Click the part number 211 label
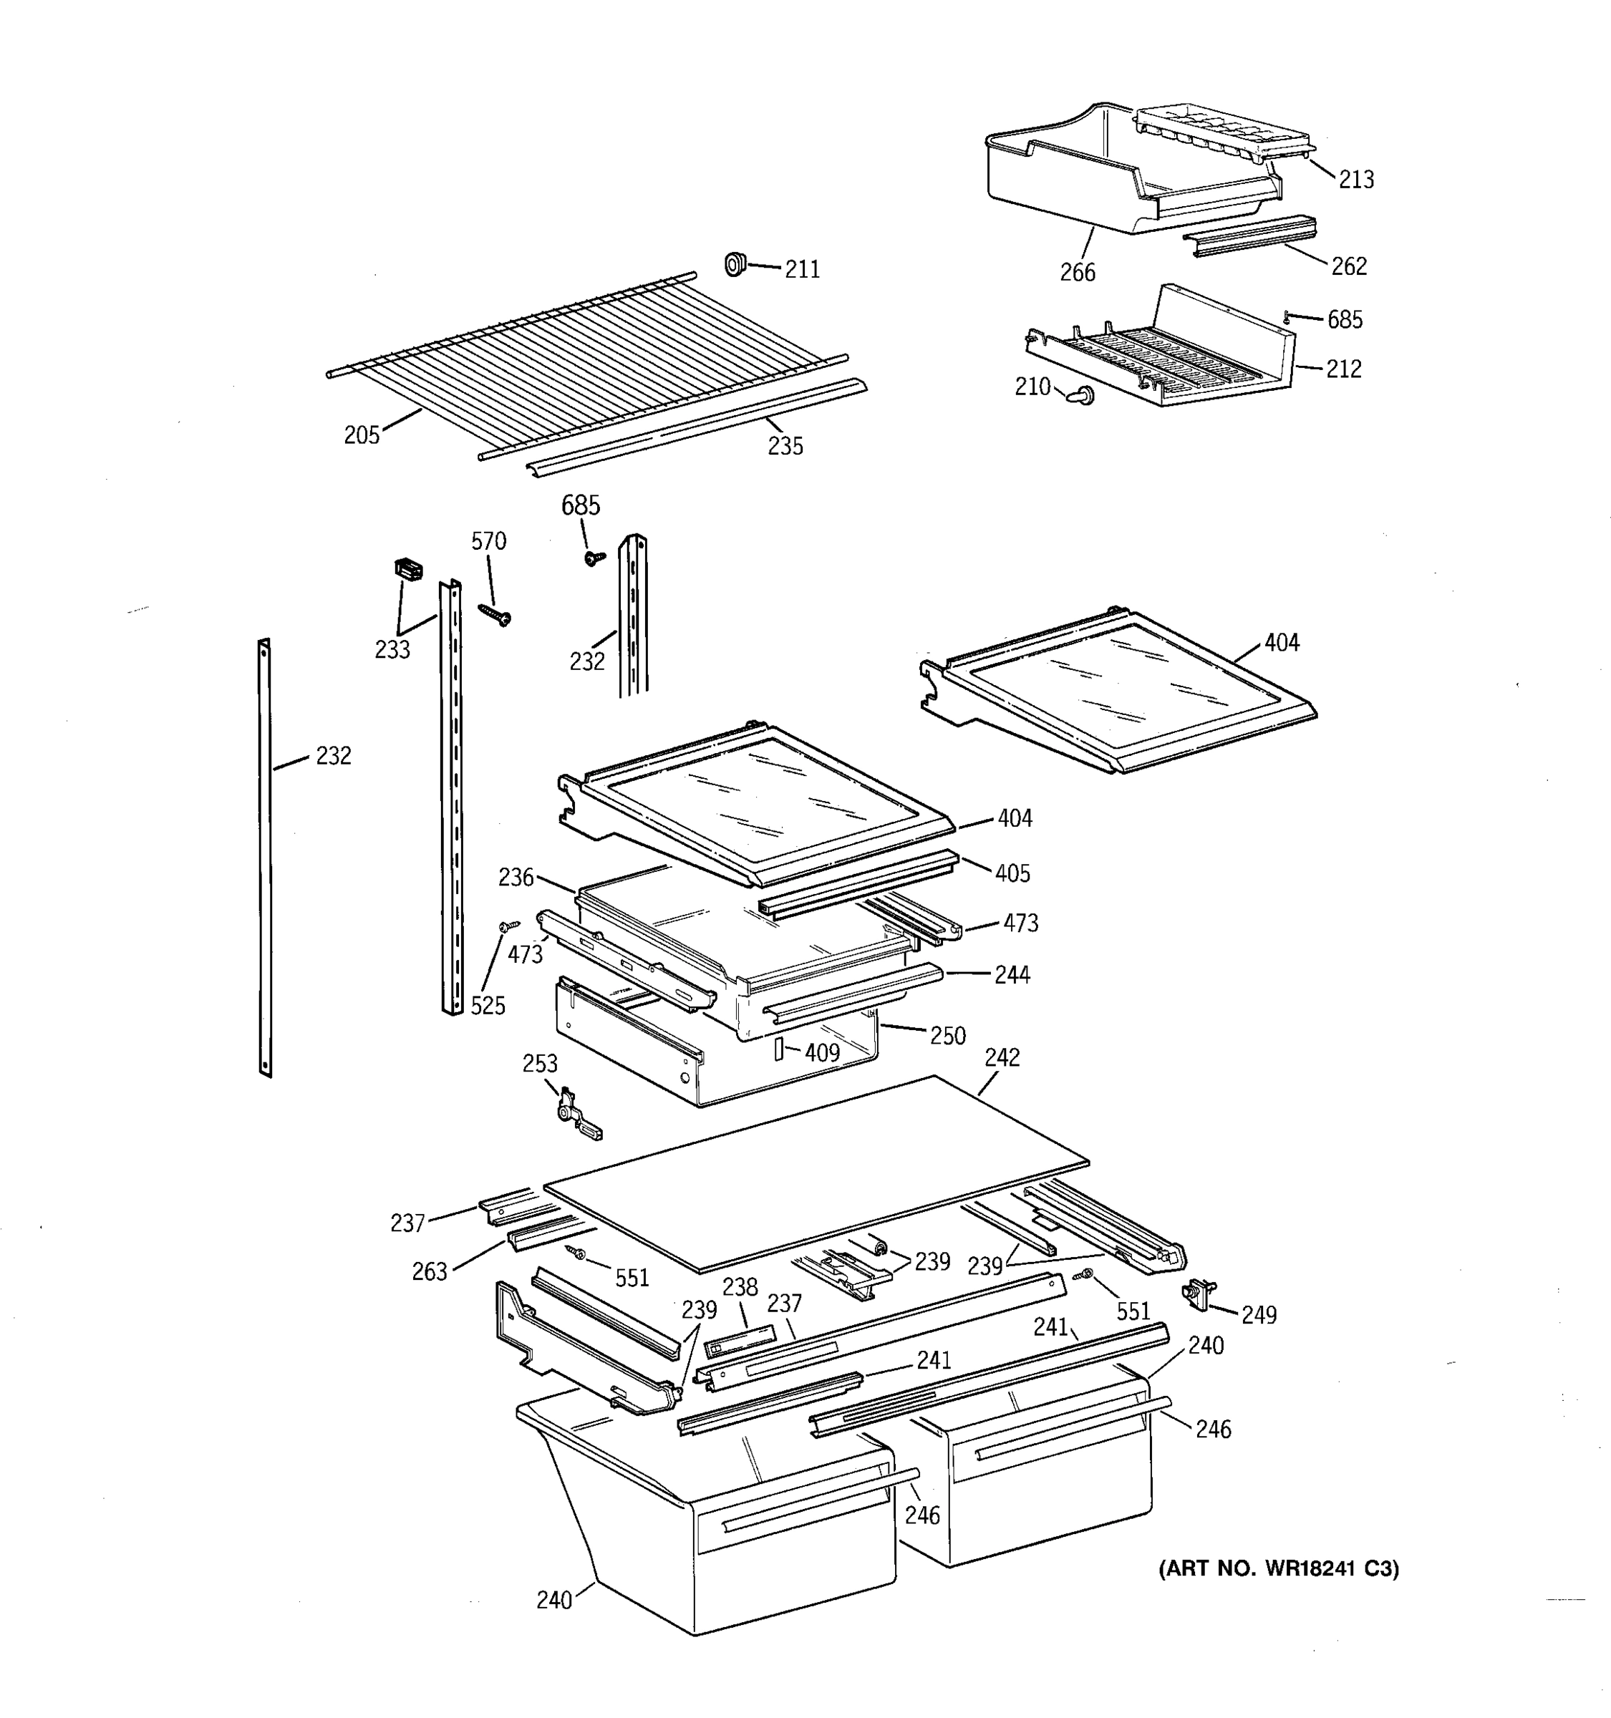coord(801,270)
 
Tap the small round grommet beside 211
coord(735,263)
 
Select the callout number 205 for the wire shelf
coord(362,435)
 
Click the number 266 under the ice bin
coord(1077,273)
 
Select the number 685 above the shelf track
coord(580,505)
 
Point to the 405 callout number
coord(1011,874)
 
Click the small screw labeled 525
coord(509,926)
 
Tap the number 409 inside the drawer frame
coord(821,1052)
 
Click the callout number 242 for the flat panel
coord(1002,1058)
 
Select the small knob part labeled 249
coord(1196,1293)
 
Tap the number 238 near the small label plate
coord(740,1287)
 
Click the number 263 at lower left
coord(430,1271)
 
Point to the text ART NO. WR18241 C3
coord(1277,1568)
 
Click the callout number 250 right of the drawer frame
coord(947,1035)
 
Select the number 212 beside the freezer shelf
coord(1343,369)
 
